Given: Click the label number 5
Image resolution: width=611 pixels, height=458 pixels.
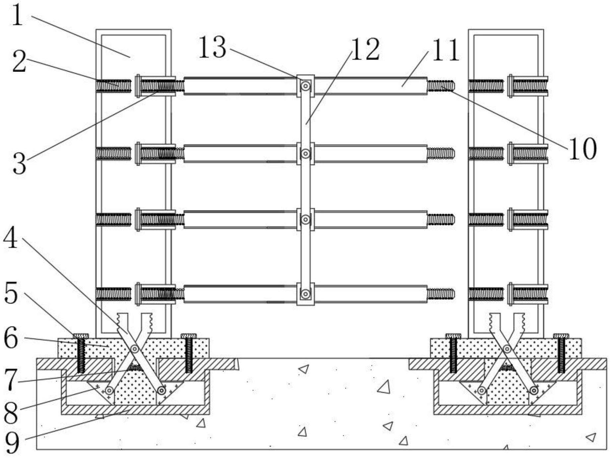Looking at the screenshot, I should pos(11,294).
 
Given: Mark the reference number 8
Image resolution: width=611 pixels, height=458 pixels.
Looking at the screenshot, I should pos(11,413).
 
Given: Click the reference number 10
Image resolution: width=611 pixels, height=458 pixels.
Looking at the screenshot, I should pos(582,149).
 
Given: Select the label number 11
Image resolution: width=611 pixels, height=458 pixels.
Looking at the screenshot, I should pos(446,50).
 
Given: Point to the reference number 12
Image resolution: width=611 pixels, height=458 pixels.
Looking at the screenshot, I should pos(365,50).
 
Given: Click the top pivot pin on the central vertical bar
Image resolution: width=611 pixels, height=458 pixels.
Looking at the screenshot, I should pos(305,86).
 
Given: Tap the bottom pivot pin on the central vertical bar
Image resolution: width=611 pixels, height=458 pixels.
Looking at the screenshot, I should pos(305,294).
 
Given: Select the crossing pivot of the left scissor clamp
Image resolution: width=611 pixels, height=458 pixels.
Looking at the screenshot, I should pos(135,349).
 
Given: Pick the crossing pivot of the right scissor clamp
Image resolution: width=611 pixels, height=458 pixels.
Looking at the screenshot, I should pos(507,349).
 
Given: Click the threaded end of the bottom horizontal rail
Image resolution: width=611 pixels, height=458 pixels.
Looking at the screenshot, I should pos(441,294).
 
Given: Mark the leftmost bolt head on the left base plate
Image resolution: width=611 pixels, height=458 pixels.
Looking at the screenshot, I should pos(81,336).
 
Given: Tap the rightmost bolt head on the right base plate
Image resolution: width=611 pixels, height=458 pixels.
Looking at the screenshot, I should pos(561,336).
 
